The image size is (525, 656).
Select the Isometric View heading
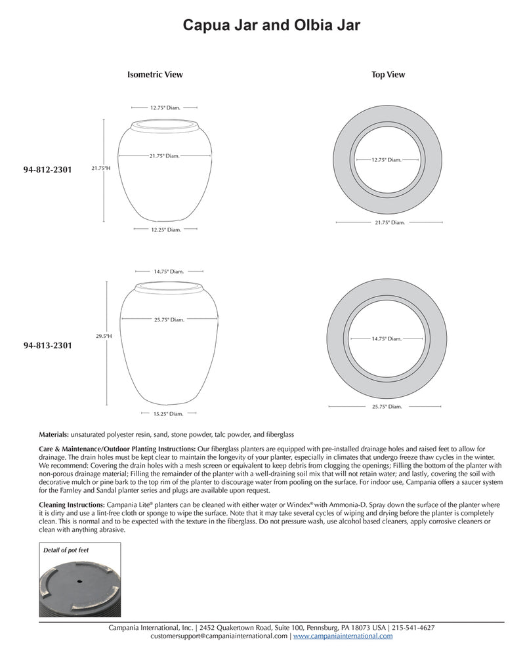point(155,75)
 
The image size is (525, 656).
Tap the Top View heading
point(388,75)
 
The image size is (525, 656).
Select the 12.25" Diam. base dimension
point(165,230)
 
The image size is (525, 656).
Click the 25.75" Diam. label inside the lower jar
point(169,319)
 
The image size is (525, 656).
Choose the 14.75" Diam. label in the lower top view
point(386,338)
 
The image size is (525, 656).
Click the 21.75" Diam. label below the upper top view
point(389,223)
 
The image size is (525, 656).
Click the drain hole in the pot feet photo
point(79,582)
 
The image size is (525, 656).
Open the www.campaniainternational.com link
point(343,636)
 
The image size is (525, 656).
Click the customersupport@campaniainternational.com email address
point(219,636)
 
